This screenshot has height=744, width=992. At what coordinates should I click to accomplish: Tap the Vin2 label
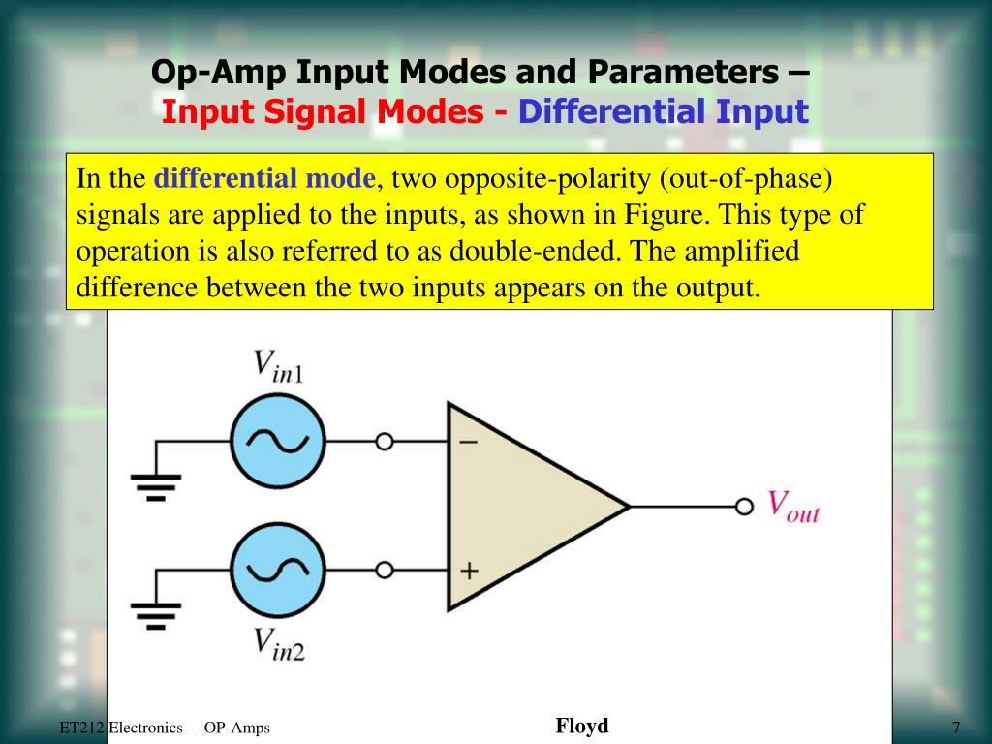point(279,643)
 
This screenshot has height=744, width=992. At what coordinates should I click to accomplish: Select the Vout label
point(793,507)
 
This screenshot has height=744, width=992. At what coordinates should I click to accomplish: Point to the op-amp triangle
point(523,506)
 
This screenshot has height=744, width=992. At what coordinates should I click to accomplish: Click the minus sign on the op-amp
point(468,442)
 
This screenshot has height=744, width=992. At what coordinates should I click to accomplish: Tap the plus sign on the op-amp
point(469,571)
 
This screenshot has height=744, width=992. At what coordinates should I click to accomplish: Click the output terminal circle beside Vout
point(744,507)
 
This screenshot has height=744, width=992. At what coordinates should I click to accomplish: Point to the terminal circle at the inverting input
point(385,442)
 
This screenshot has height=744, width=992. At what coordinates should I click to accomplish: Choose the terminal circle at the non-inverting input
point(385,570)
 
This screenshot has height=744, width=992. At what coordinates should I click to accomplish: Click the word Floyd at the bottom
point(582,726)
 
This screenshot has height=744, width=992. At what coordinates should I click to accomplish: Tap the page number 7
point(955,728)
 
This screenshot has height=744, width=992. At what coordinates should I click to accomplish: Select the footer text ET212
point(80,728)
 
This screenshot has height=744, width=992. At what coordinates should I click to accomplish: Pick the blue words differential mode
point(264,179)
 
